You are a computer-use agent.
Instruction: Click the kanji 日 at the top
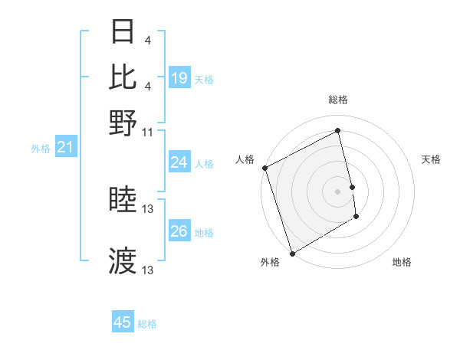coord(123,32)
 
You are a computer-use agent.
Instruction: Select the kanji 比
coord(123,77)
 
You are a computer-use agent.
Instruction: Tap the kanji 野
coord(123,123)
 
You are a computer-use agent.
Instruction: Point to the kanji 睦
coord(123,201)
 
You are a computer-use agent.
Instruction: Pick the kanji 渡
coord(123,261)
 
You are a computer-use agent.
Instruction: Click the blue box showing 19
coord(179,78)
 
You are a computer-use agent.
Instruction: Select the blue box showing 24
coord(179,162)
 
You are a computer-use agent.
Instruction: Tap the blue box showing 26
coord(179,231)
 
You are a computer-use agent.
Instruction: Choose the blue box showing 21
coord(65,147)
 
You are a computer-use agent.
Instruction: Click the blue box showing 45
coord(123,322)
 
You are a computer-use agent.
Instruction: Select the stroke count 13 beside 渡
coord(148,270)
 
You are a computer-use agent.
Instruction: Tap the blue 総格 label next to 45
coord(147,324)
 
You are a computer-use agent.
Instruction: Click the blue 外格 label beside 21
coord(41,149)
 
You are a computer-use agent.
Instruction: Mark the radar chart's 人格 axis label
coord(245,159)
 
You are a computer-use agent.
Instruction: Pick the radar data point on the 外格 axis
coord(292,254)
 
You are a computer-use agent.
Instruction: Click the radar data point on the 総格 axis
coord(338,130)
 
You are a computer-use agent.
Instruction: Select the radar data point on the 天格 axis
coord(352,187)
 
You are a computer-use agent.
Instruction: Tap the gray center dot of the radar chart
coord(338,191)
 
